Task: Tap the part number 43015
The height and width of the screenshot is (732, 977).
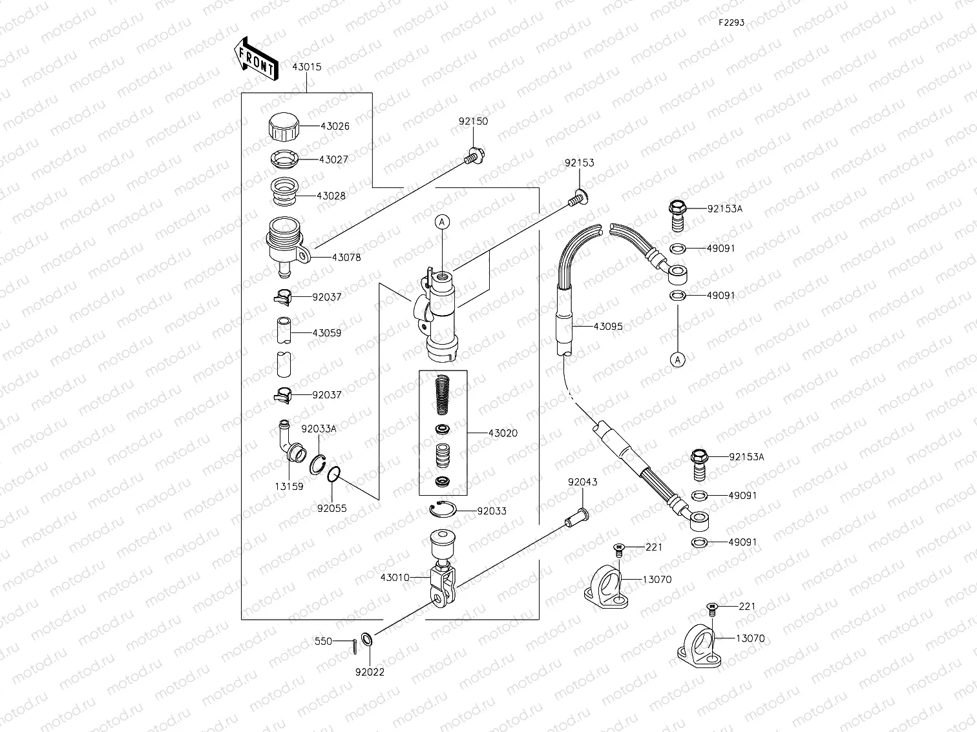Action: (x=306, y=67)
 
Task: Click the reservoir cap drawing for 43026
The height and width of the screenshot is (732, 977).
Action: (x=284, y=126)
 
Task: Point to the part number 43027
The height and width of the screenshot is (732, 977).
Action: (x=333, y=159)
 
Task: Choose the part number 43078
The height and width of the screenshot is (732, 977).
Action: (x=346, y=257)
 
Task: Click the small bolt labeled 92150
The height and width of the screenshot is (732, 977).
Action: (x=473, y=156)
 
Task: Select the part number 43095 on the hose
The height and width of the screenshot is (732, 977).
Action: (x=608, y=327)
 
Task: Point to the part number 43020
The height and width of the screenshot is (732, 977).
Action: (x=503, y=433)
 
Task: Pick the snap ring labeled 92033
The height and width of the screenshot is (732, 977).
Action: (x=443, y=509)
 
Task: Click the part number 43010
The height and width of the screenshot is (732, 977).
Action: (x=395, y=578)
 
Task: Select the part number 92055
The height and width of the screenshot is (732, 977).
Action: (x=331, y=508)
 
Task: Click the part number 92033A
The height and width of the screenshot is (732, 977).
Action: (x=319, y=429)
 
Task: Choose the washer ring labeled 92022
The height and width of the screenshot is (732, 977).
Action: (x=366, y=640)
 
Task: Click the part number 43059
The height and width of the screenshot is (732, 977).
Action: (x=327, y=333)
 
